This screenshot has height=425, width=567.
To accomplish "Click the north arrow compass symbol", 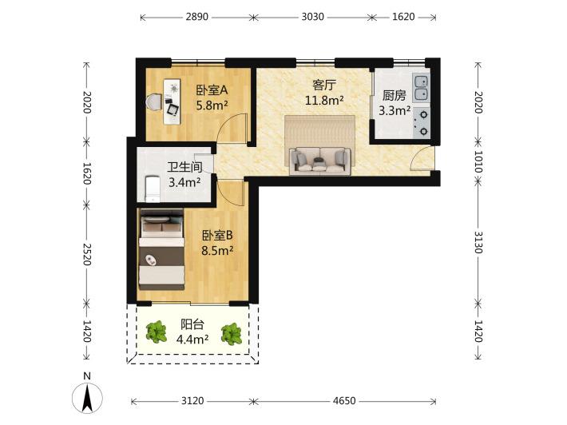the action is [x=87, y=395].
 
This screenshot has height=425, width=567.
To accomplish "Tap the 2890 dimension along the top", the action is [x=197, y=17].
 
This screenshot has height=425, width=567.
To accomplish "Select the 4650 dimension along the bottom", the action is [x=344, y=401].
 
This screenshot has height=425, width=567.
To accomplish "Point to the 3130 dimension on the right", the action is [x=478, y=242].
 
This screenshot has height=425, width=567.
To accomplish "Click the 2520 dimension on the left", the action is [x=87, y=254].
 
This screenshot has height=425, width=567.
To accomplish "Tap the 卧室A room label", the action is [x=212, y=90].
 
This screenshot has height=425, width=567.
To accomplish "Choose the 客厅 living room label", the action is [x=324, y=85].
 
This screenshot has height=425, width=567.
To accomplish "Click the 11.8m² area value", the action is [x=324, y=100].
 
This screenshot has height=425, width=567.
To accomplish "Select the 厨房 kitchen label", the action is [x=395, y=96].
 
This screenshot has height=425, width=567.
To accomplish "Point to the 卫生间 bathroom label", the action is [x=184, y=167].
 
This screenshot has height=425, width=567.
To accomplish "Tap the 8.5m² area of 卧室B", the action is [x=217, y=250].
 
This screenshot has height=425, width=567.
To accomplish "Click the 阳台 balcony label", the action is [x=192, y=324].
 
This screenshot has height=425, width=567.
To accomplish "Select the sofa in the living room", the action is [x=320, y=161].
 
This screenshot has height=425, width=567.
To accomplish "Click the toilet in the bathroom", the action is [x=153, y=189].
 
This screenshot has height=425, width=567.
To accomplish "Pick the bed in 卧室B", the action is [x=161, y=249].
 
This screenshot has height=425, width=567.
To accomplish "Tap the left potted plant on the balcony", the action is [x=157, y=332].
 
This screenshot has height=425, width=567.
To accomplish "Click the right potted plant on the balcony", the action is [x=232, y=334].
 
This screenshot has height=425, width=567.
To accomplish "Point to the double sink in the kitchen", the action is [x=422, y=88].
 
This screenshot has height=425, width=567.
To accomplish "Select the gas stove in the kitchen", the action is [x=422, y=122].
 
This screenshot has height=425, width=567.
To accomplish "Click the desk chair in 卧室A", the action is [x=154, y=102].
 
